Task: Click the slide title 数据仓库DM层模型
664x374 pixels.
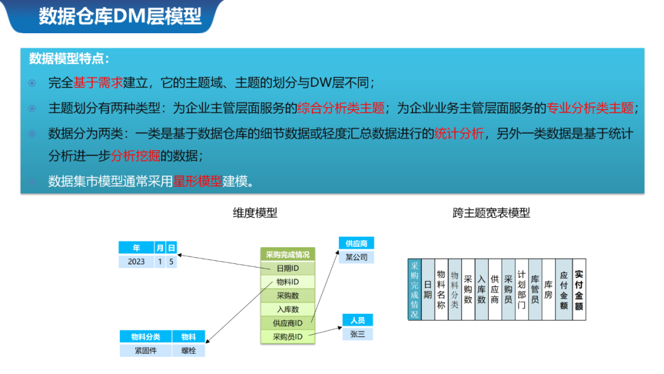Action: [x=120, y=17]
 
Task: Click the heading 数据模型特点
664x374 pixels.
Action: [x=69, y=59]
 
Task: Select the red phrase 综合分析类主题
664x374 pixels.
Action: [x=341, y=108]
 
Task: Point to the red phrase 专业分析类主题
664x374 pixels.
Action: [x=590, y=108]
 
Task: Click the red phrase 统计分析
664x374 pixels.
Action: [x=459, y=133]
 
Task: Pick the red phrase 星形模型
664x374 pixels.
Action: [x=197, y=181]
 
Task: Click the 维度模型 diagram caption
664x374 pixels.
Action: [x=255, y=213]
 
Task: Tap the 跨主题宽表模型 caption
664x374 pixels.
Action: [x=491, y=213]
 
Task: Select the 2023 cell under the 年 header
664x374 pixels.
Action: [x=136, y=261]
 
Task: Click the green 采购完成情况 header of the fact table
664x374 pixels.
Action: [x=287, y=255]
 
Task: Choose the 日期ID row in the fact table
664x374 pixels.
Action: [x=287, y=268]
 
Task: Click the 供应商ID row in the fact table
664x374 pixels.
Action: [x=287, y=323]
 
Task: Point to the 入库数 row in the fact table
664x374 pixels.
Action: [x=287, y=309]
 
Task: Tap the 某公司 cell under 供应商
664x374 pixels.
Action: [x=356, y=257]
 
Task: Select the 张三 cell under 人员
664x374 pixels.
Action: [x=357, y=334]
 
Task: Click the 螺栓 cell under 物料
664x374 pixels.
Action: [x=189, y=351]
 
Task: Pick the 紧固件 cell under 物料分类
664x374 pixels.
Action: [x=146, y=351]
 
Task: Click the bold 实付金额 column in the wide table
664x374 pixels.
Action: [x=579, y=290]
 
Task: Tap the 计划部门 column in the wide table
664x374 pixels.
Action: [x=521, y=290]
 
